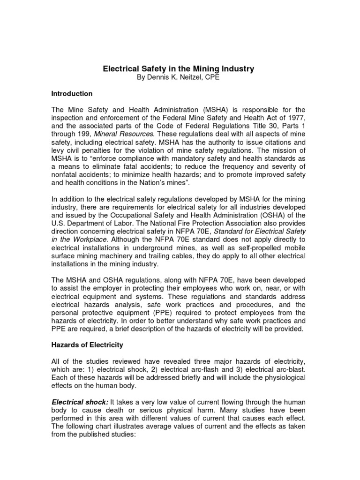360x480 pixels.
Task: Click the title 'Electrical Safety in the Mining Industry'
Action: pyautogui.click(x=179, y=69)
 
